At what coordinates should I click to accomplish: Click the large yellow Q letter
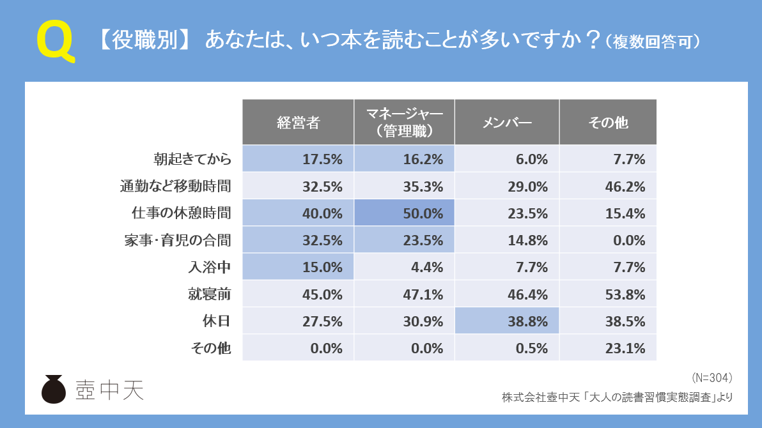(55, 42)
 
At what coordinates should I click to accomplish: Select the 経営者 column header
(298, 122)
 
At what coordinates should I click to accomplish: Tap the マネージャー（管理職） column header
(405, 122)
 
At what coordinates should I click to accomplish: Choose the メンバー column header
(507, 122)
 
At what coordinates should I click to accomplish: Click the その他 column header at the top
(607, 122)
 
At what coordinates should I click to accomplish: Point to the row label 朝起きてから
(192, 159)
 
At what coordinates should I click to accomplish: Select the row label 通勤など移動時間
(175, 187)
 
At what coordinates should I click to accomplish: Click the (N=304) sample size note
(711, 377)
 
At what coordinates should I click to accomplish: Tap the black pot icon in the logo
(54, 389)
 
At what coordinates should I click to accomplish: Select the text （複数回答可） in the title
(653, 42)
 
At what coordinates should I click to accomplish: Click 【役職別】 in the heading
(144, 41)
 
